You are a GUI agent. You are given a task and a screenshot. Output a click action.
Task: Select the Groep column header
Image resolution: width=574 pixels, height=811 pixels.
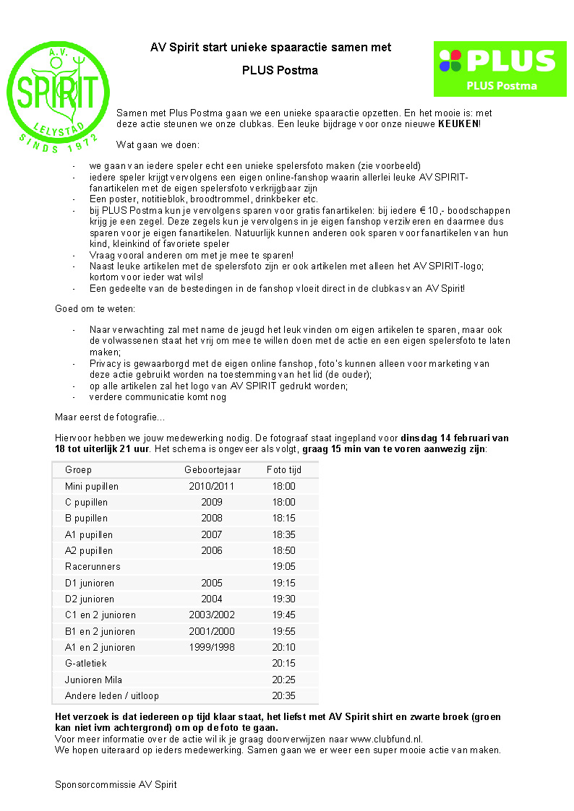point(78,470)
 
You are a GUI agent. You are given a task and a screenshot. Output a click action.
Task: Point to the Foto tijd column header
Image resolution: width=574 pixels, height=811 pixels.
point(284,470)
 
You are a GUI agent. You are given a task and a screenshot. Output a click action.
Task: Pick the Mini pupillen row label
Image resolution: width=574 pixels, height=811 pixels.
point(92,487)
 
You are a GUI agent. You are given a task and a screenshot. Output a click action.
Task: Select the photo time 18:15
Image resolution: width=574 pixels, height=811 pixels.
point(284,519)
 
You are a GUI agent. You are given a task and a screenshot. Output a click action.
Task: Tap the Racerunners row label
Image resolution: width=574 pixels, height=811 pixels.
point(93,567)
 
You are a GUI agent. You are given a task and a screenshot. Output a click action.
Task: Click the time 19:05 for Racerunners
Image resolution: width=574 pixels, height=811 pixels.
point(284,567)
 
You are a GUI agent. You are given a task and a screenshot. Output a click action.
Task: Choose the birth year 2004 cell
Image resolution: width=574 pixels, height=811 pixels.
point(212,599)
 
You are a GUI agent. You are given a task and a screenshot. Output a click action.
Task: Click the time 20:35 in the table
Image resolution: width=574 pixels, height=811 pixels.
point(284,696)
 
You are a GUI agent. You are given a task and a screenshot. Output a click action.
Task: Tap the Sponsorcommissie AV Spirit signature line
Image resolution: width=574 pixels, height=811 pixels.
point(116,784)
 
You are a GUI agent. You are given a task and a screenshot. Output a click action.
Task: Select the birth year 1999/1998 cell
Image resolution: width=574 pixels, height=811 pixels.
point(212,648)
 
